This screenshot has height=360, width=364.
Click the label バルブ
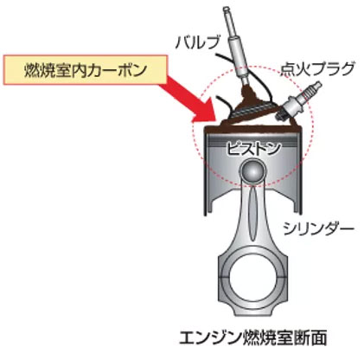tap(197, 42)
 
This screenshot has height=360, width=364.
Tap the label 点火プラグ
tap(317, 69)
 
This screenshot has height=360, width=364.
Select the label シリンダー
tap(318, 228)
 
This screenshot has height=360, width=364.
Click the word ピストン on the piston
tap(252, 149)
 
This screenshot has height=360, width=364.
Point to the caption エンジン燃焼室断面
tap(253, 337)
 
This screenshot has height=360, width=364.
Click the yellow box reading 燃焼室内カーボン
tap(86, 70)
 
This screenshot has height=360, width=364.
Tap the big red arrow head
tap(205, 110)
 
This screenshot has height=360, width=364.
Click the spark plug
tap(297, 101)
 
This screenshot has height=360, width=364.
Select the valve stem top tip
tap(227, 9)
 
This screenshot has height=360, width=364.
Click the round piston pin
tap(252, 171)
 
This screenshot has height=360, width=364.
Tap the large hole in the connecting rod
tap(252, 279)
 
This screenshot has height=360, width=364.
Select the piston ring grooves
tap(252, 140)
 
